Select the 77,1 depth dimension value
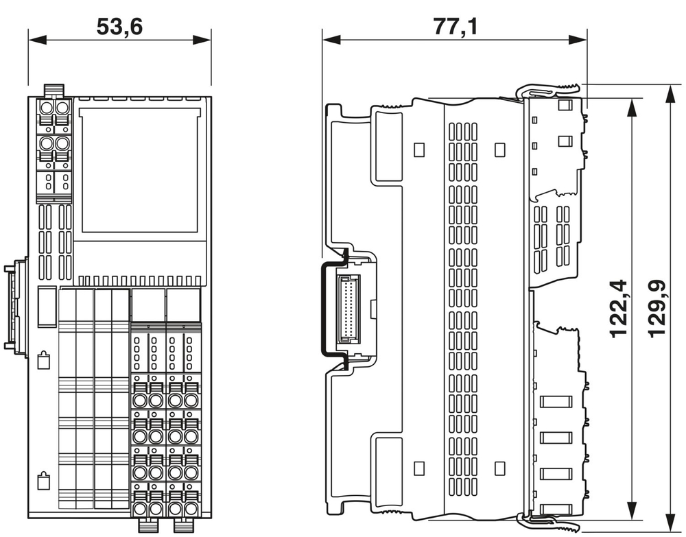coord(455,27)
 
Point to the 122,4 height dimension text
coord(618,307)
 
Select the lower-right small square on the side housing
coord(499,468)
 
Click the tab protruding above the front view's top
coord(54,90)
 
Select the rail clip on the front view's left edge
coord(18,305)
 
